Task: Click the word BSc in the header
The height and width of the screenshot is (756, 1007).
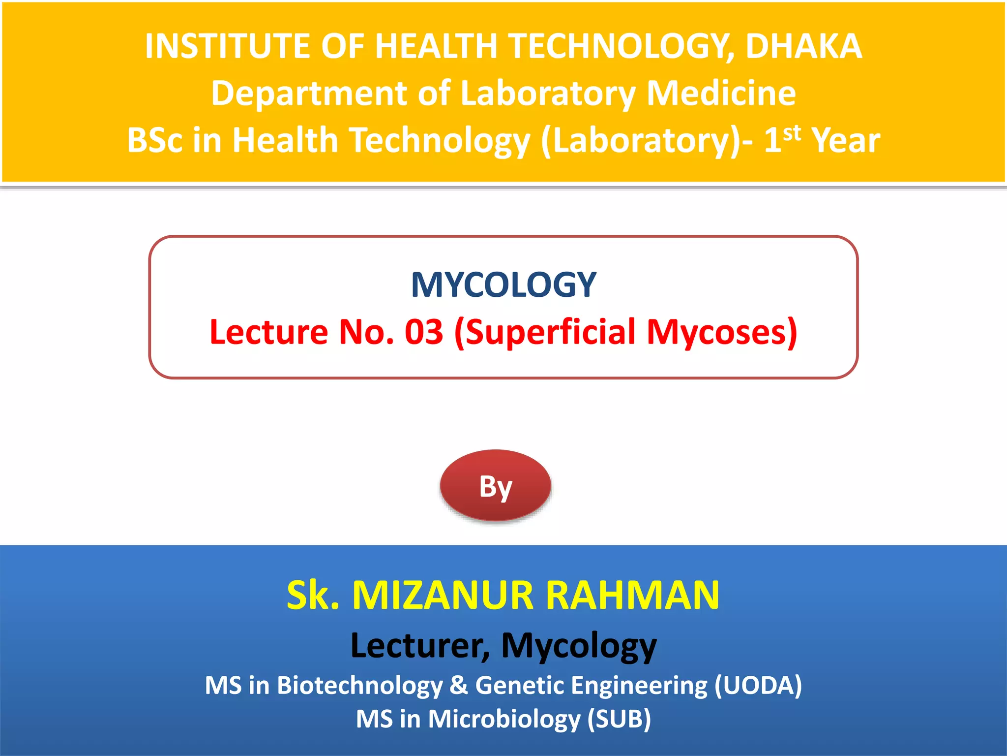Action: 155,140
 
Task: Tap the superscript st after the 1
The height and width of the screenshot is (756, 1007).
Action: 792,133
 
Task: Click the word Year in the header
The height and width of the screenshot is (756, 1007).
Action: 845,140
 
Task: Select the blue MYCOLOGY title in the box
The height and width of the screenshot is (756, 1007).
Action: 503,285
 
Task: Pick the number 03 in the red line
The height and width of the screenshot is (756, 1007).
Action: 424,332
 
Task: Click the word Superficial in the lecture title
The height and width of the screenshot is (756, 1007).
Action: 550,332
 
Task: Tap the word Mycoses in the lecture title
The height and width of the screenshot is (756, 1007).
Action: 721,332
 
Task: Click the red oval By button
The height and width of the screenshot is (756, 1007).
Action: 496,486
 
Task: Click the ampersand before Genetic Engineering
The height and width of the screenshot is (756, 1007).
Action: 459,686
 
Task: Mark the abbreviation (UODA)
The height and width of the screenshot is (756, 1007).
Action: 758,686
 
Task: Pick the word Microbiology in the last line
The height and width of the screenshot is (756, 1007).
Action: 504,719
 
